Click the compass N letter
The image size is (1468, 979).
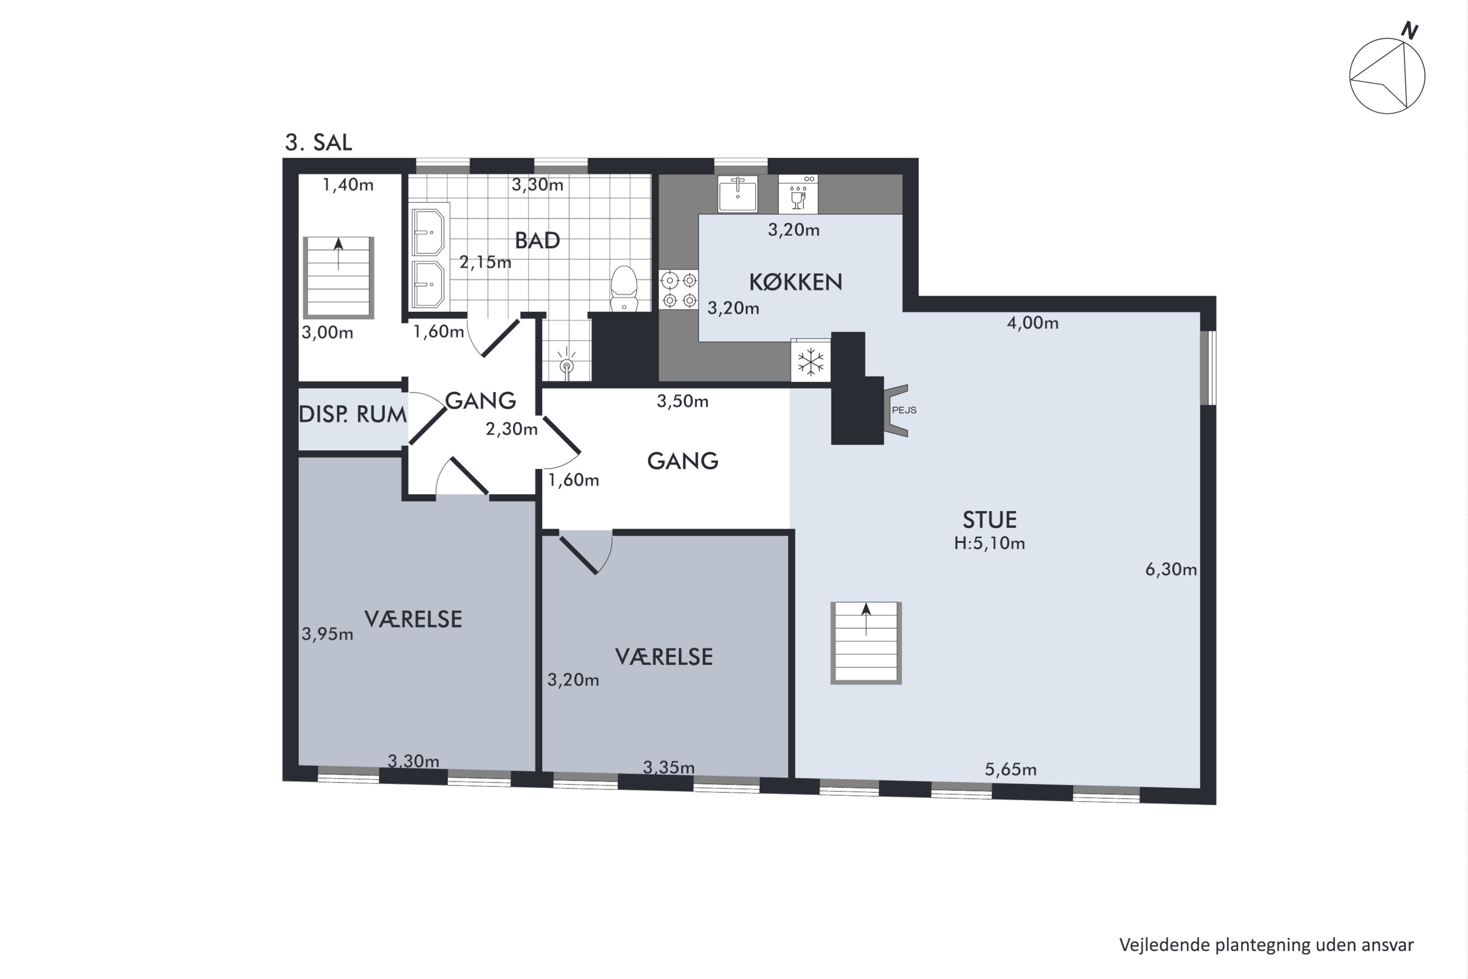coord(1409,30)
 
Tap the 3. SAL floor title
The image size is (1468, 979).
coord(319,142)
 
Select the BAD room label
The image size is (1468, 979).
coord(537,240)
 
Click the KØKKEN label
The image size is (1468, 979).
coord(795,282)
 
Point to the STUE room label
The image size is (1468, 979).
coord(989,519)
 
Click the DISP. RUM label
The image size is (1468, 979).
coord(353,414)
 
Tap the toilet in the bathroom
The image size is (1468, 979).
coord(623,288)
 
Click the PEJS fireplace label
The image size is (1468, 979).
coord(904,410)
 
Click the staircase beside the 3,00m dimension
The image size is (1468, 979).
coord(338,277)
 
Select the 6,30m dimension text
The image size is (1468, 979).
coord(1171,569)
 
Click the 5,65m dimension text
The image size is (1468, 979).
coord(1010,769)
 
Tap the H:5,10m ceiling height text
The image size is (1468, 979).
coord(989,543)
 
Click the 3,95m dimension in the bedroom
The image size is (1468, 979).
coord(327,634)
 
